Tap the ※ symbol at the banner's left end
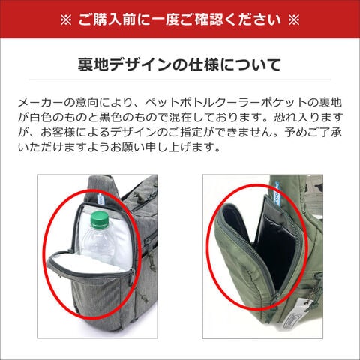[x=66, y=20]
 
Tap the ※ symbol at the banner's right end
[x=294, y=20]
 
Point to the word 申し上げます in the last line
[x=185, y=148]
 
